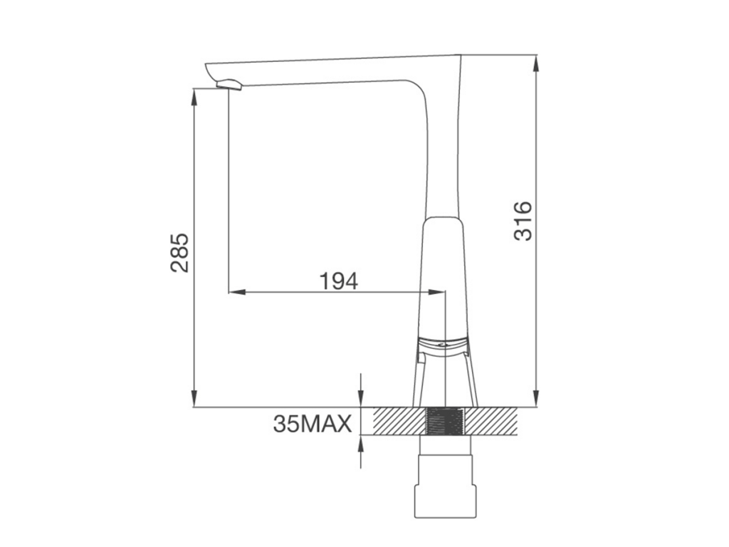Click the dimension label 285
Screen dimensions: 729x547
click(180, 253)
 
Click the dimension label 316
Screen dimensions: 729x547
click(523, 221)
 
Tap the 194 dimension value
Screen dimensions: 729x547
click(338, 281)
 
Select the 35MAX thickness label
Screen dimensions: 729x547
click(313, 423)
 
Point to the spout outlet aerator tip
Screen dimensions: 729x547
click(229, 85)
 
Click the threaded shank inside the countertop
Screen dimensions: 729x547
click(446, 422)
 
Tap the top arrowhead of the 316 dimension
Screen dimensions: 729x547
click(536, 63)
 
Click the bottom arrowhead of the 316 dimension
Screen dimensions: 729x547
click(536, 399)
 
